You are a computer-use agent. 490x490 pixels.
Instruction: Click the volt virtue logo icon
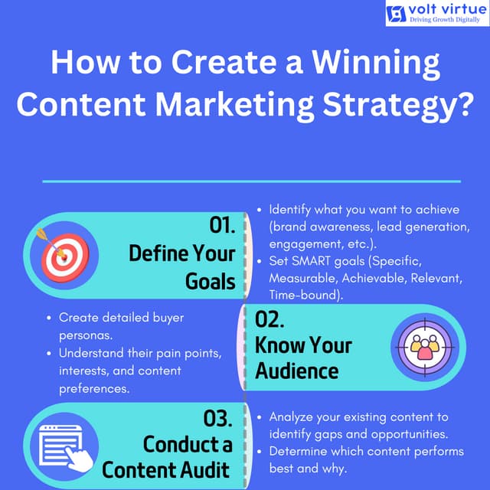(x=396, y=14)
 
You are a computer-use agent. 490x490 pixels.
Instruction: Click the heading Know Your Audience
(x=304, y=358)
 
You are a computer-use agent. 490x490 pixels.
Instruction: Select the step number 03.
(x=217, y=418)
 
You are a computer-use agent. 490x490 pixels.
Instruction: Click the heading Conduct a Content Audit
(x=166, y=456)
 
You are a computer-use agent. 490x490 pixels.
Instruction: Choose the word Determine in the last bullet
(x=301, y=451)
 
